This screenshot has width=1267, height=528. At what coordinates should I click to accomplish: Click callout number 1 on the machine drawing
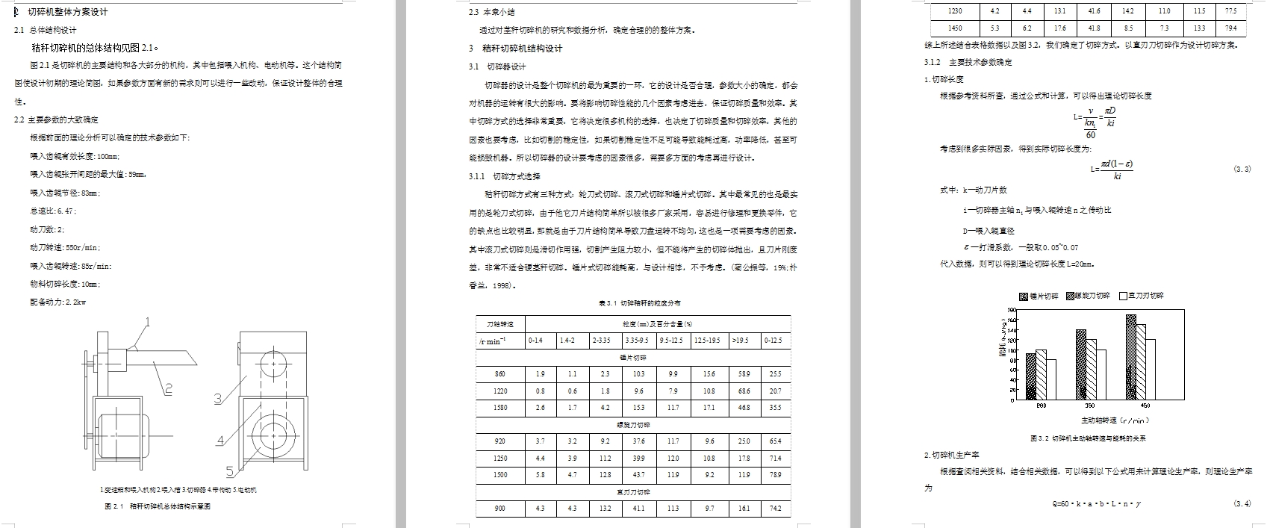tap(147, 323)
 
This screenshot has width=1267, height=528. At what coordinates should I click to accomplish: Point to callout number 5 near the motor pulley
tap(231, 470)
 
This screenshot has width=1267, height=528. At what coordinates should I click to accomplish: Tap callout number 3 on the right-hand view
tap(218, 399)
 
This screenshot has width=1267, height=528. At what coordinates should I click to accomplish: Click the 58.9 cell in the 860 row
tap(744, 373)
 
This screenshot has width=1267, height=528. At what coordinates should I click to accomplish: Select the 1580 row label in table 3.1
tap(500, 408)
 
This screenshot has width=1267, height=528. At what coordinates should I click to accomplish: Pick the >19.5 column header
tap(744, 341)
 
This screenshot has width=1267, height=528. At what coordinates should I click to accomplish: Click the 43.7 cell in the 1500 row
tap(639, 474)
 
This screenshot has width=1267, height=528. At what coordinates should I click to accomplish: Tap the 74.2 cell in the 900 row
tap(776, 509)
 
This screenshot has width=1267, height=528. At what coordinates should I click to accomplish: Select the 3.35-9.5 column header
tap(639, 341)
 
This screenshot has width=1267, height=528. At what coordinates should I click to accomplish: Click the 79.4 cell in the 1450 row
tap(1230, 28)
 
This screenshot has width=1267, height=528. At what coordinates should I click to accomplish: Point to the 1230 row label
tap(955, 11)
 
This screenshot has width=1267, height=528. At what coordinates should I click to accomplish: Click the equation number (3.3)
tap(1242, 170)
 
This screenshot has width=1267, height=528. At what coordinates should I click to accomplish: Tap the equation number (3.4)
tap(1242, 504)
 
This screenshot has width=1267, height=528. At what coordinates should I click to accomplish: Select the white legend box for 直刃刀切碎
tap(1123, 296)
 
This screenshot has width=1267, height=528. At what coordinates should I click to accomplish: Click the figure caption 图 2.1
tap(158, 506)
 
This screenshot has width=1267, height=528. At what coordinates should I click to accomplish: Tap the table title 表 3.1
tap(639, 303)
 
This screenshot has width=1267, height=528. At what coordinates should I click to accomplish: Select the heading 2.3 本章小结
tap(491, 12)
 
